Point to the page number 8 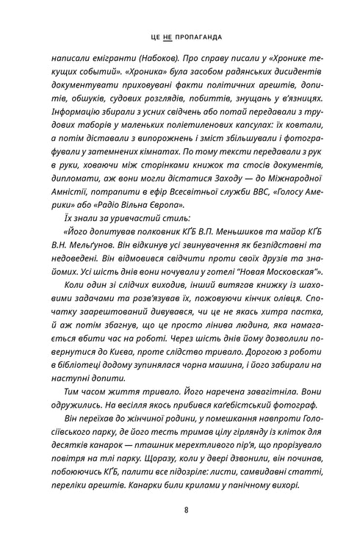[x=180, y=510]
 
